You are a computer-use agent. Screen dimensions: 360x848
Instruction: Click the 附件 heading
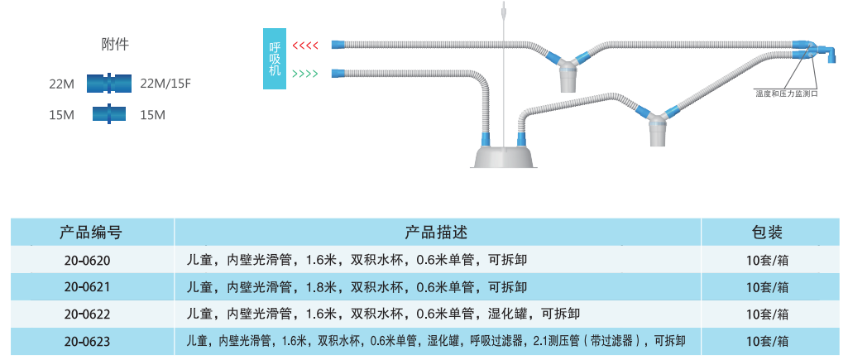pos(115,45)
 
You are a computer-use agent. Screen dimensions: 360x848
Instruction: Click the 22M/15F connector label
pos(166,84)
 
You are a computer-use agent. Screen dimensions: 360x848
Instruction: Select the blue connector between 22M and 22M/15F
pos(109,84)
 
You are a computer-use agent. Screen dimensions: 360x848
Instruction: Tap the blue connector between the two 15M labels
pos(109,114)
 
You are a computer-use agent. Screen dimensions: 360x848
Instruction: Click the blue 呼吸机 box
pos(275,60)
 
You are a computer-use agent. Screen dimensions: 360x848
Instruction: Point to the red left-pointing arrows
pos(305,45)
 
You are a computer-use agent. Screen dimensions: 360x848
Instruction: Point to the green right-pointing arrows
pos(305,73)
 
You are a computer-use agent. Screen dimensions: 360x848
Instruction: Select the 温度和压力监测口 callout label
pos(786,94)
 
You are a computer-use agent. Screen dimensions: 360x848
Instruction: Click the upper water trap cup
pos(569,79)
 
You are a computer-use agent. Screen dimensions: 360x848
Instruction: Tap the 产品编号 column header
pos(91,232)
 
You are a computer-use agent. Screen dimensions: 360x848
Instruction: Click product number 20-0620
pos(87,260)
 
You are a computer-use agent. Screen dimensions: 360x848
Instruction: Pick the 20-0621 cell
pos(87,287)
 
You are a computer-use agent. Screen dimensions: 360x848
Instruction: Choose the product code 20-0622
pos(87,314)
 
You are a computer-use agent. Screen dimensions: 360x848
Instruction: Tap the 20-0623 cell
pos(87,341)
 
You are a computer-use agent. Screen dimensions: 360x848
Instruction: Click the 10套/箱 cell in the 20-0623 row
pos(766,341)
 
